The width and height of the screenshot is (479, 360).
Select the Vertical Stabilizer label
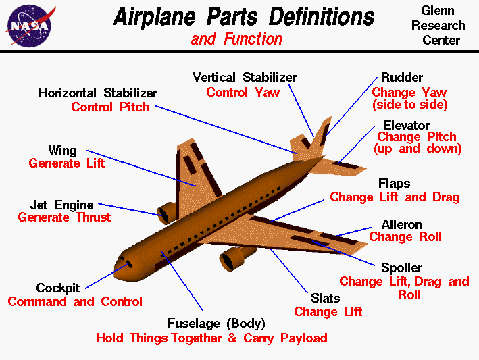tap(244, 78)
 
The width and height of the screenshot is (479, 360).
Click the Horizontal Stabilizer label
tap(98, 93)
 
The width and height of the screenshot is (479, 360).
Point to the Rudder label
tap(403, 77)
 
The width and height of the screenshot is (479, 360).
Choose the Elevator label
tap(406, 126)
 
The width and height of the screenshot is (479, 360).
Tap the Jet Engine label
tap(61, 205)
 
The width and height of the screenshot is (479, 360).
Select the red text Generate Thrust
tap(64, 217)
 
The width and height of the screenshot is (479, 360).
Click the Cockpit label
tap(58, 288)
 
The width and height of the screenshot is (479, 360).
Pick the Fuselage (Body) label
tap(216, 323)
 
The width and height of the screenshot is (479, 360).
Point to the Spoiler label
tap(401, 268)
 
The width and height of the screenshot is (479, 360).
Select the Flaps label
tap(394, 184)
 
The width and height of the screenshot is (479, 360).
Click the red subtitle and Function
tap(236, 39)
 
